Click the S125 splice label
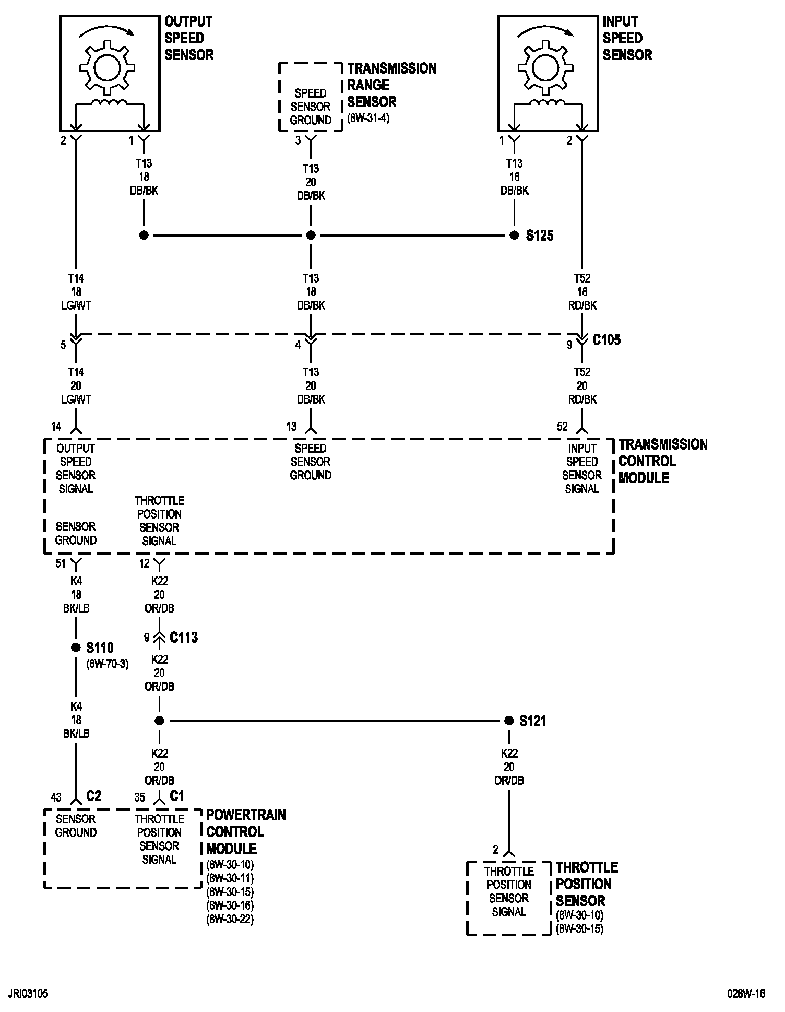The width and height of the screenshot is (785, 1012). tap(539, 236)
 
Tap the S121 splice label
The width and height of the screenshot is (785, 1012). tap(532, 721)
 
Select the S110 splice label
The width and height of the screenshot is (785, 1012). tap(100, 648)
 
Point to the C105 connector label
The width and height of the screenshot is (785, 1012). tap(606, 340)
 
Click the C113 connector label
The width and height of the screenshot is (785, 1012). tap(184, 638)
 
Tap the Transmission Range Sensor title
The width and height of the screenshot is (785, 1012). tap(391, 85)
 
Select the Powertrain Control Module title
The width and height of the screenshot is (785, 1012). tap(246, 832)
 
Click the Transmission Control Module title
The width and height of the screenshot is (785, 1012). tap(663, 461)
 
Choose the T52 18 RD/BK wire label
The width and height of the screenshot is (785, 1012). tap(582, 292)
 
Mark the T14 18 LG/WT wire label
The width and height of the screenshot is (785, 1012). tap(76, 292)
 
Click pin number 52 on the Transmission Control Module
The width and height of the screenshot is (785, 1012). tap(562, 427)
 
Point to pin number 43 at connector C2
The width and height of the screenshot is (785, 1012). tap(56, 797)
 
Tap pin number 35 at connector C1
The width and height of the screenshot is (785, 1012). tap(139, 797)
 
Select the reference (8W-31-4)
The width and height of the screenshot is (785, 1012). tap(368, 118)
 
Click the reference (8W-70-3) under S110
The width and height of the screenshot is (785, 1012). tap(107, 664)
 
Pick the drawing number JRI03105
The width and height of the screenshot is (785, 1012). tap(28, 993)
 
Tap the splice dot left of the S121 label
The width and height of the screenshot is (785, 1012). tap(509, 721)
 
